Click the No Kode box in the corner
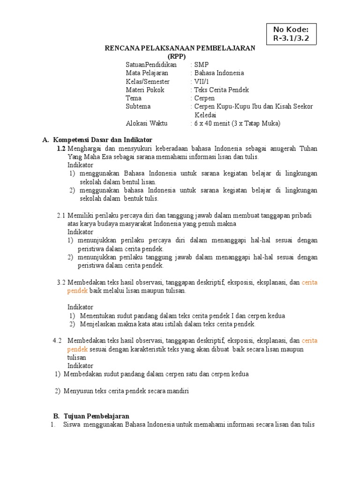[291, 34]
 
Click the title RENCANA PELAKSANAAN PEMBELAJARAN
[180, 48]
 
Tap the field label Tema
[134, 98]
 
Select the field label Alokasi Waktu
[146, 124]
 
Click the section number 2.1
[60, 215]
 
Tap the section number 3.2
[61, 282]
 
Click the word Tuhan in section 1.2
[308, 148]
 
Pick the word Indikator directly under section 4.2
[80, 366]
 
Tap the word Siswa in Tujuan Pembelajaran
[71, 425]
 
